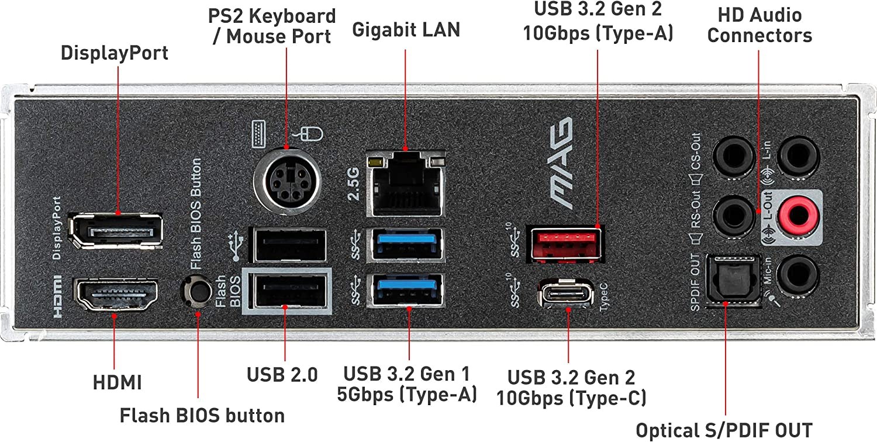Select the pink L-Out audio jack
point(799,214)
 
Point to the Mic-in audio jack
point(799,274)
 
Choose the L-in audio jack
point(799,154)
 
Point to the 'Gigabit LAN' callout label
point(406,30)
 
